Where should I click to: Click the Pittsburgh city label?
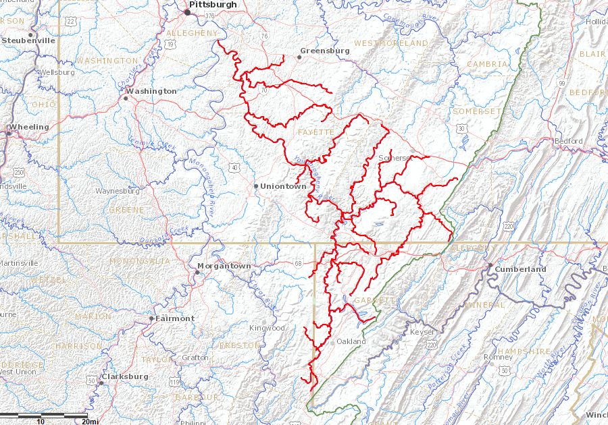point(213,5)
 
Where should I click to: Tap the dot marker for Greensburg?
point(299,57)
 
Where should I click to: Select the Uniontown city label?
point(283,186)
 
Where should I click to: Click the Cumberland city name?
point(520,269)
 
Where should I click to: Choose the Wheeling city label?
point(28,127)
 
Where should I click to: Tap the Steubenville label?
point(28,40)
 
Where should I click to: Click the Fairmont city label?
point(174,318)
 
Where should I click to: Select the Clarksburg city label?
point(125,376)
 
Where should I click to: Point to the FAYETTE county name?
point(315,132)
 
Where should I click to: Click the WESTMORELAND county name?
point(391,43)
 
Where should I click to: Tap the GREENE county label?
point(126,210)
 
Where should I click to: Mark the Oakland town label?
point(351,341)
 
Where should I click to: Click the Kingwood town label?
point(268,328)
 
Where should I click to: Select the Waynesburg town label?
point(118,191)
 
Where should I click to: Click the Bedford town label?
point(549,141)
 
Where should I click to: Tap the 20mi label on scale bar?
point(90,421)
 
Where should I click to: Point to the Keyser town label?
point(423,333)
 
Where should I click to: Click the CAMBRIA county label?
point(487,64)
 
